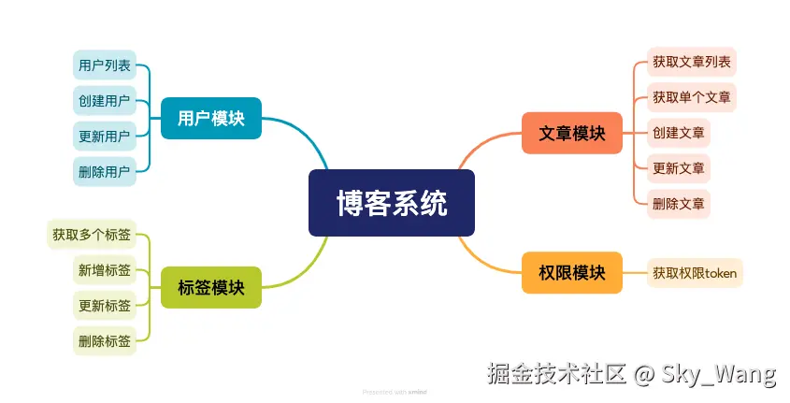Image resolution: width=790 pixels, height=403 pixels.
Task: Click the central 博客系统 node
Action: tap(392, 203)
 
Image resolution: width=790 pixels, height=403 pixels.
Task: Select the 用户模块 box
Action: tap(211, 119)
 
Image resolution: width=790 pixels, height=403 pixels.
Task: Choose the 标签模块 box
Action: tap(211, 287)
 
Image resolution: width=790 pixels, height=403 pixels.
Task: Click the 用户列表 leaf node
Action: tap(105, 65)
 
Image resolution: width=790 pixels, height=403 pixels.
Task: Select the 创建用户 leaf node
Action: tap(105, 101)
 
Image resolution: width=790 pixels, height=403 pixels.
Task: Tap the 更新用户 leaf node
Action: tap(105, 137)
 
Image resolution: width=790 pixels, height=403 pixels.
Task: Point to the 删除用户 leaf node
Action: tap(105, 171)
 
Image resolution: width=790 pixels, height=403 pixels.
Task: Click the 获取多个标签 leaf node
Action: tap(92, 235)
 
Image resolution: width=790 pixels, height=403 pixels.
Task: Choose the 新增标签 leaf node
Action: tap(105, 270)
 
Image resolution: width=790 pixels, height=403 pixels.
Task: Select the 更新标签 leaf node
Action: tap(105, 305)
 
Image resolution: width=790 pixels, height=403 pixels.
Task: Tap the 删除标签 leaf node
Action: tap(105, 340)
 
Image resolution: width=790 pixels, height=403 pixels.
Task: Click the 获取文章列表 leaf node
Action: tap(692, 63)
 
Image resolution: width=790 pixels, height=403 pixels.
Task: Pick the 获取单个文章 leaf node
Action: tap(692, 97)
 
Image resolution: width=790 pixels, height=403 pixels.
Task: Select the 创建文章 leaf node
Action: tap(679, 132)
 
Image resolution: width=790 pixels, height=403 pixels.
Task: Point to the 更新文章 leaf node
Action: tap(679, 167)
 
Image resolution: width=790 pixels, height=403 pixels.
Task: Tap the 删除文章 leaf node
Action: tap(679, 203)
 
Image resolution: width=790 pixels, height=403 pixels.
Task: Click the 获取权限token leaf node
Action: tap(695, 273)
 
